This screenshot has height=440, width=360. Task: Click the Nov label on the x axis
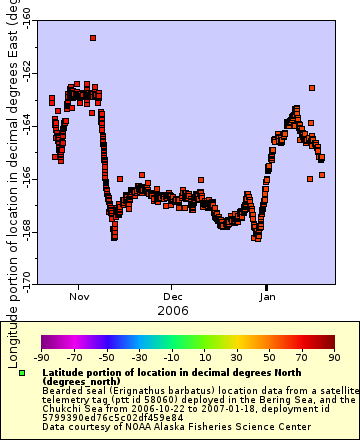[79, 297]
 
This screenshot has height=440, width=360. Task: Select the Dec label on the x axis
[174, 297]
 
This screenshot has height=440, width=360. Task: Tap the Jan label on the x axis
[268, 297]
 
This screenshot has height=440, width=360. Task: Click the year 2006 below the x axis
[174, 310]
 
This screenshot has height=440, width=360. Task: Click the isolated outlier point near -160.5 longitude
[93, 38]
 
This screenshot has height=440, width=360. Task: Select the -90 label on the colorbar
[41, 357]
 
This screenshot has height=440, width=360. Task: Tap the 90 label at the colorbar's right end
[333, 357]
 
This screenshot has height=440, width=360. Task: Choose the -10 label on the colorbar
[171, 357]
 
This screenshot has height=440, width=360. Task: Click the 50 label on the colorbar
[269, 357]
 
